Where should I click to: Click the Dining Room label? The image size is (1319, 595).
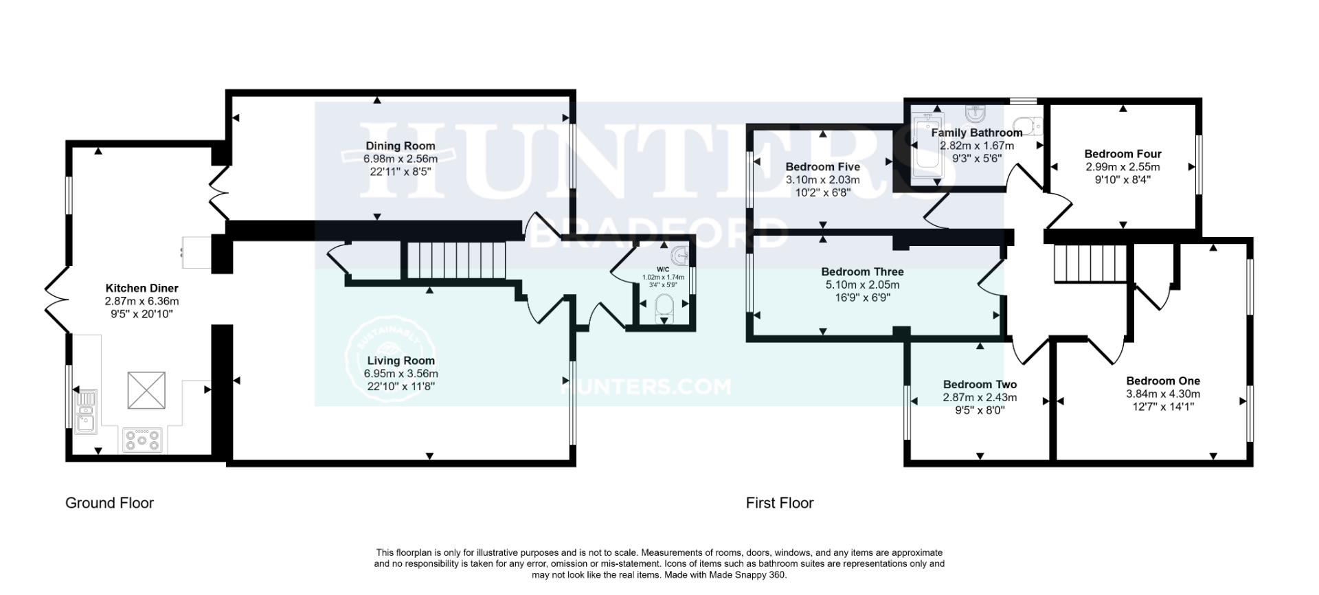[x=400, y=146]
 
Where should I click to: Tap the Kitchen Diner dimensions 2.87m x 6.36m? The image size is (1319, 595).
[x=142, y=301]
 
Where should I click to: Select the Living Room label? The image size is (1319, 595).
[x=401, y=361]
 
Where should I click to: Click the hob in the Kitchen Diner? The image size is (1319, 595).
[x=142, y=440]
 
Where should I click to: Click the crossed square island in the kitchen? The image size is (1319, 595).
[x=146, y=390]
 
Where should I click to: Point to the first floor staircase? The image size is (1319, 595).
[x=1091, y=264]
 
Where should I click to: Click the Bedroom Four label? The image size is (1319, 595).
[x=1123, y=154]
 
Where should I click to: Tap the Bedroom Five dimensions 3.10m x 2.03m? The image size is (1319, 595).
[x=822, y=180]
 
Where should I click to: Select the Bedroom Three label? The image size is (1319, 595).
[x=862, y=272]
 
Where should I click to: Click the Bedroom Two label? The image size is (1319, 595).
[x=980, y=385]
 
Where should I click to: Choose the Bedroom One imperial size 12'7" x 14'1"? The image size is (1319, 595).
[x=1163, y=407]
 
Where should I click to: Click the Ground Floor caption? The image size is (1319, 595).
[x=109, y=503]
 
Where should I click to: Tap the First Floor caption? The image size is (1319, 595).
[x=780, y=503]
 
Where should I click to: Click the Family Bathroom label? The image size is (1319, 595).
[x=976, y=133]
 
